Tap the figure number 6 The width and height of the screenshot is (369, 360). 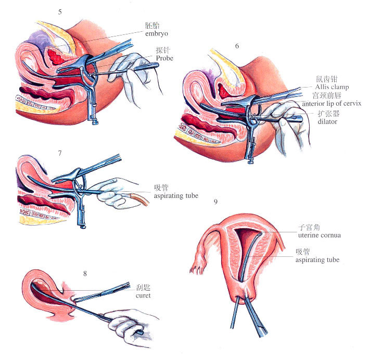[237, 46]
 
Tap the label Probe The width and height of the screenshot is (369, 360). [165, 58]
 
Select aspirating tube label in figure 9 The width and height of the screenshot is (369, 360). [317, 259]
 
